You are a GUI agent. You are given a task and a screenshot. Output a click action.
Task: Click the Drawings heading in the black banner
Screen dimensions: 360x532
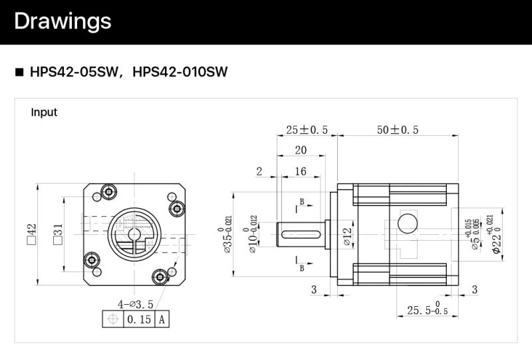click(63, 21)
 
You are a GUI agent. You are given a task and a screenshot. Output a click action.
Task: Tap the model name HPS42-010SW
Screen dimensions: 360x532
click(180, 72)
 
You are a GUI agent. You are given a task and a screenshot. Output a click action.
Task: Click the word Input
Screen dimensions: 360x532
click(44, 112)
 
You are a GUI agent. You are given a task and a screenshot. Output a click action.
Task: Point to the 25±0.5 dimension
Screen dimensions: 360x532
click(307, 130)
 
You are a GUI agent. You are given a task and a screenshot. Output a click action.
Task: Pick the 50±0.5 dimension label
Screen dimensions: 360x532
click(398, 130)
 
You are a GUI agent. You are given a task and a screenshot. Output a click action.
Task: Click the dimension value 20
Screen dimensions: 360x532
click(301, 150)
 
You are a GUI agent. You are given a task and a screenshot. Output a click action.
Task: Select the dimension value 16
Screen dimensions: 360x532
click(300, 172)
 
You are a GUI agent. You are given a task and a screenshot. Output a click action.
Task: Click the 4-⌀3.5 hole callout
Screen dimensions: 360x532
click(136, 304)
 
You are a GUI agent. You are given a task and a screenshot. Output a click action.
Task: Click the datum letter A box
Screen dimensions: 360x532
click(162, 320)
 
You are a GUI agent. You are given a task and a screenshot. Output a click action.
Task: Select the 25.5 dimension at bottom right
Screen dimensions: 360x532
click(420, 310)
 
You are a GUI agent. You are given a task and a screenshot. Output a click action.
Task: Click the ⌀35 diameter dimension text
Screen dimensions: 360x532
click(228, 236)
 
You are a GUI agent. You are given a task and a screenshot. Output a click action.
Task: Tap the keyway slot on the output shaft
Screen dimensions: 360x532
click(302, 234)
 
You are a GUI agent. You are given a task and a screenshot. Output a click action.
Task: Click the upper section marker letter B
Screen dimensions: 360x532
click(302, 201)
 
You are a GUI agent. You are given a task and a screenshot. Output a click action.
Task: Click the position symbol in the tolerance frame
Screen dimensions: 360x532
click(113, 320)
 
